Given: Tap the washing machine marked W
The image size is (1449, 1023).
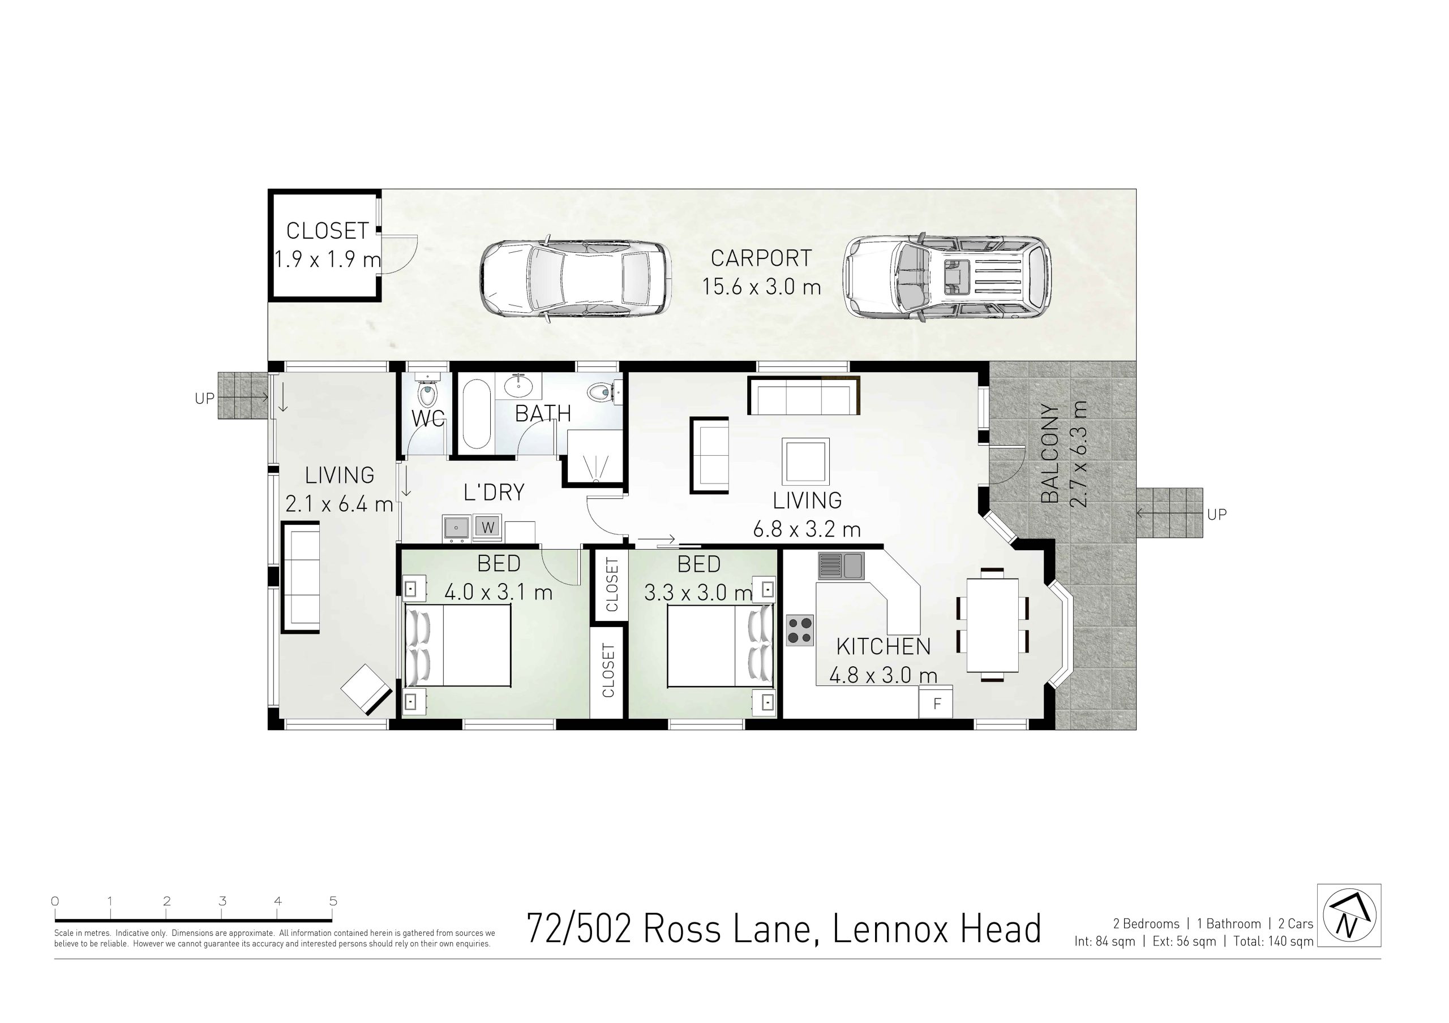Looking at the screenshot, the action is tap(487, 527).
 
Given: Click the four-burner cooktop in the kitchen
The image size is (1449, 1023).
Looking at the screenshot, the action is tap(800, 630).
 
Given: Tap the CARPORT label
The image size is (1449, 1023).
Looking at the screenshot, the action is tap(761, 258).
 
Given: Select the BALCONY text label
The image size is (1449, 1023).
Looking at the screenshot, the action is tap(1049, 454).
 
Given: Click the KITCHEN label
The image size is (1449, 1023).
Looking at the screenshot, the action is tap(883, 646).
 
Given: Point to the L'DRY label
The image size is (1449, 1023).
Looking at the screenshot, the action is tap(494, 493).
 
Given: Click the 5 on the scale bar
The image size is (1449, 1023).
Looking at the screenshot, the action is tap(333, 901).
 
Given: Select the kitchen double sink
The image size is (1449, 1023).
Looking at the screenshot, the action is tap(841, 566).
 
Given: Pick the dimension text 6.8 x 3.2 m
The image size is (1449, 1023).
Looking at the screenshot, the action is tap(807, 529).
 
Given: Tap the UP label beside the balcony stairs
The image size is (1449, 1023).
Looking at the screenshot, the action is tap(1216, 515).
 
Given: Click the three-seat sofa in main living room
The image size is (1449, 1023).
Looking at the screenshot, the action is tap(803, 395).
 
